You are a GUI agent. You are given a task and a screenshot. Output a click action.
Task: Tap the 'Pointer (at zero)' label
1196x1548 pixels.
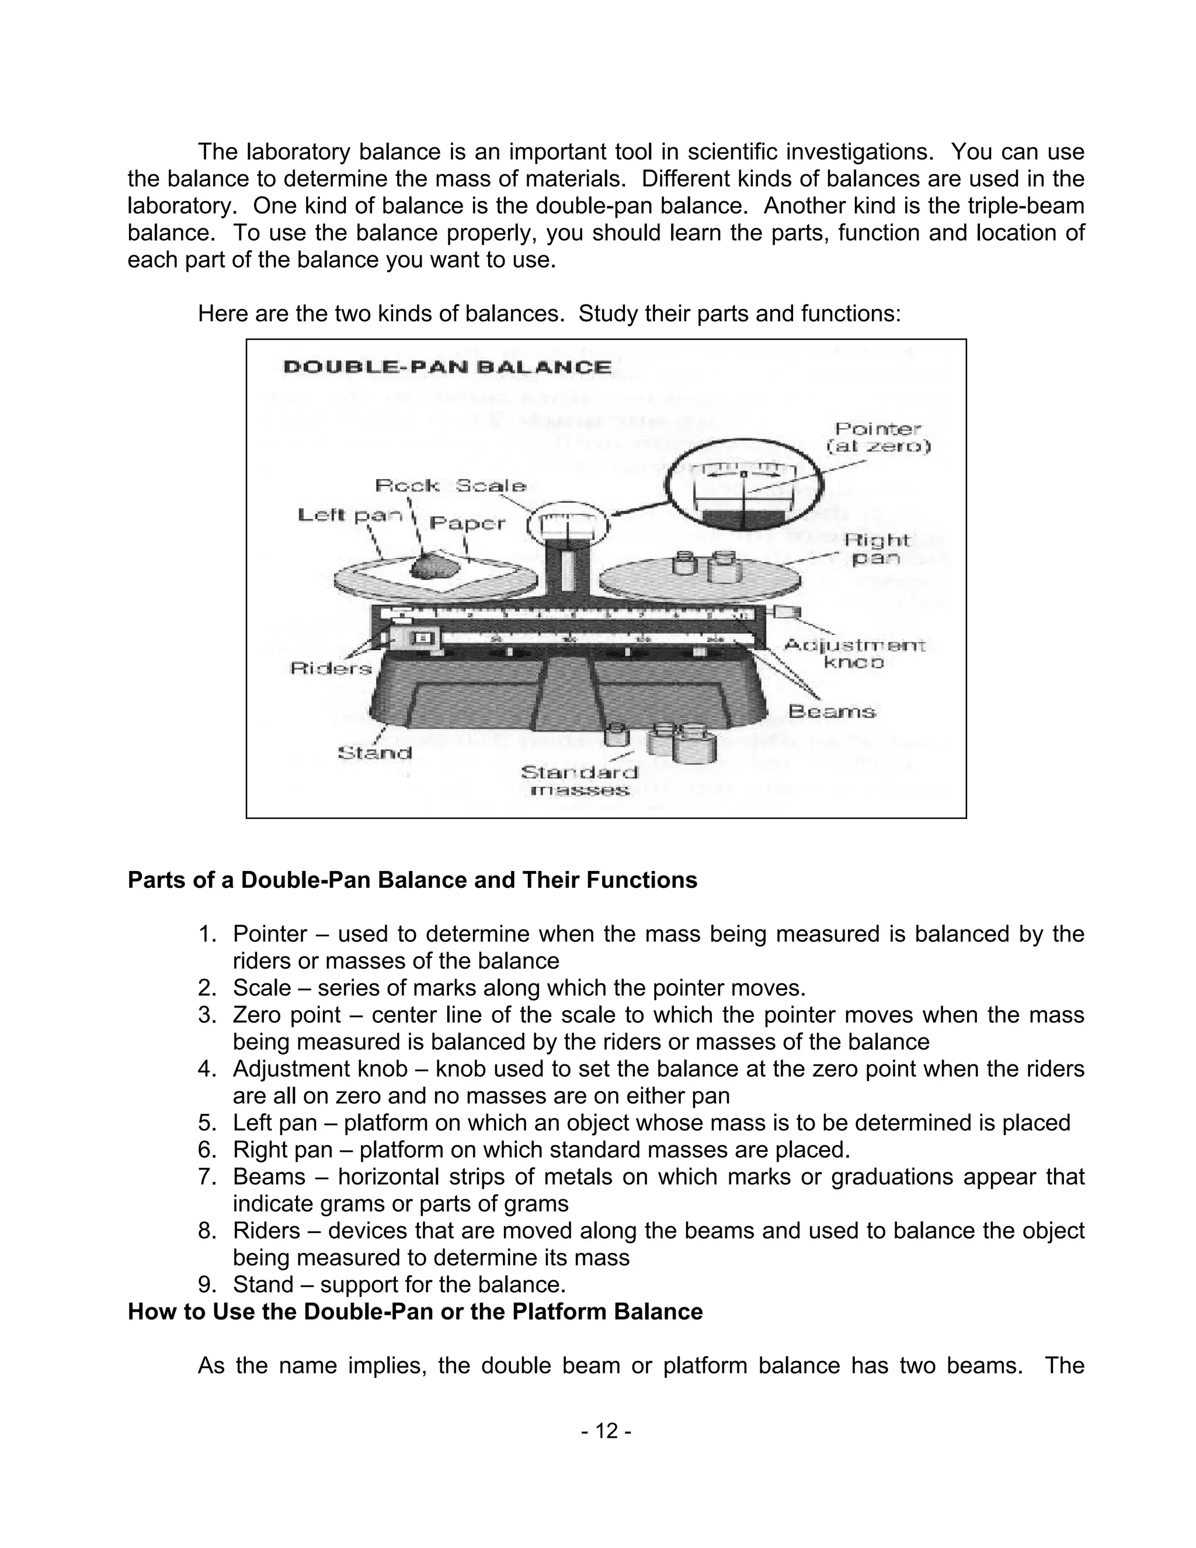(x=878, y=438)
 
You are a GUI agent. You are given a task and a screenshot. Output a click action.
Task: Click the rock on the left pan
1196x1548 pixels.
(x=434, y=566)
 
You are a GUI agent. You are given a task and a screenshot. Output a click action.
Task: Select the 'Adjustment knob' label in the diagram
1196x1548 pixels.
(x=854, y=654)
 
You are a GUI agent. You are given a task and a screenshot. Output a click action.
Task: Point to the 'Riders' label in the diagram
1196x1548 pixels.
(x=331, y=668)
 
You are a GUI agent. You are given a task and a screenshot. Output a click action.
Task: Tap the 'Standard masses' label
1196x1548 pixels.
(x=579, y=780)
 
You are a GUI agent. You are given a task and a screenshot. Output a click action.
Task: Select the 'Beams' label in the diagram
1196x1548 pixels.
(x=832, y=711)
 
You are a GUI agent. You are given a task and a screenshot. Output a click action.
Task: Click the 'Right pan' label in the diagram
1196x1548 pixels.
(x=876, y=549)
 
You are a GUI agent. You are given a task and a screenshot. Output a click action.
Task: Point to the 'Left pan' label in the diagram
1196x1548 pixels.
(x=349, y=515)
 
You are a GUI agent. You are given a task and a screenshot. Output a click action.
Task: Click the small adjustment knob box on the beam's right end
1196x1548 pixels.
(x=788, y=611)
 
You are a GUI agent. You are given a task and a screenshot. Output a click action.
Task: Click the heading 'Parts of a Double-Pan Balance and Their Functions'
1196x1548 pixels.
(x=412, y=880)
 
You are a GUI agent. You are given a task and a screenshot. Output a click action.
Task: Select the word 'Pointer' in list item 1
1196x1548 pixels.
(x=270, y=934)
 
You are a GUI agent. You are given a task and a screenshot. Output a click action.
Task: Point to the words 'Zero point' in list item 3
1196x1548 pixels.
(x=287, y=1015)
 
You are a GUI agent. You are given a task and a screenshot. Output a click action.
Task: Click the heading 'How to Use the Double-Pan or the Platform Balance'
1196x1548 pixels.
(x=415, y=1311)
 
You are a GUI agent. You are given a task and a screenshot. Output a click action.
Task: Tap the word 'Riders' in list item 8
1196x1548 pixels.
(x=263, y=1230)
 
